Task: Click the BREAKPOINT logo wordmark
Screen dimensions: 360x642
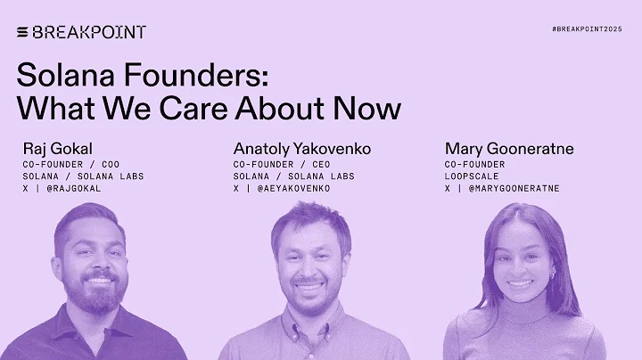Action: [88, 32]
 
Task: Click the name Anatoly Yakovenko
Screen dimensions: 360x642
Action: [301, 148]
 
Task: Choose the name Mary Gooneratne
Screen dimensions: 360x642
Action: [508, 148]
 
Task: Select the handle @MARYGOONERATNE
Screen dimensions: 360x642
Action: [515, 188]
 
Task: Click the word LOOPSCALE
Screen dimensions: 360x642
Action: [474, 176]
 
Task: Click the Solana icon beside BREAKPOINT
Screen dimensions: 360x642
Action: [22, 32]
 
